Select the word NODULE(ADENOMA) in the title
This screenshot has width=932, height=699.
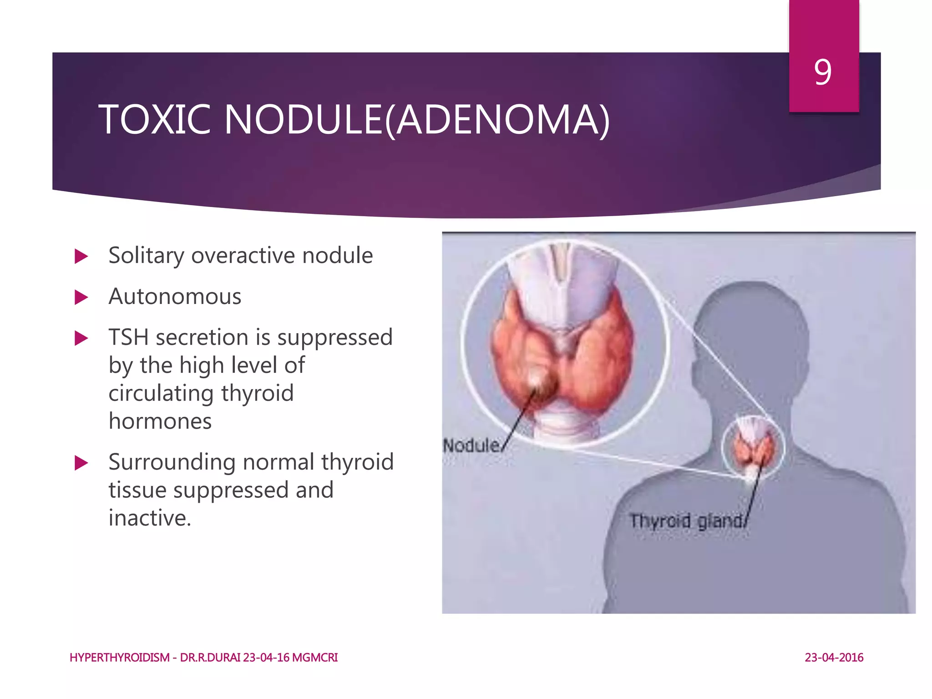point(416,120)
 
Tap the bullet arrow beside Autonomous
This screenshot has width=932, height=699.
point(81,298)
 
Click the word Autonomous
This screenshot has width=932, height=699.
point(175,297)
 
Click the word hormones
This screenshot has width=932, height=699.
point(160,421)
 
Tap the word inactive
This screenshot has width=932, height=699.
point(150,518)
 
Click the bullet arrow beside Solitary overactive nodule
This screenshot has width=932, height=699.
point(81,256)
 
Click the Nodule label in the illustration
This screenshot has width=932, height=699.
point(471,445)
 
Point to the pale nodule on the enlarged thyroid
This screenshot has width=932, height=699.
point(539,379)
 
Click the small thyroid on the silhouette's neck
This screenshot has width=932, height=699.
point(753,444)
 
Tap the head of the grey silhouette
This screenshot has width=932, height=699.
point(751,328)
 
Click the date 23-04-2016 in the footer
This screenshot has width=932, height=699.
point(834,658)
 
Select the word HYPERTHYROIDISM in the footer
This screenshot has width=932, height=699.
point(119,658)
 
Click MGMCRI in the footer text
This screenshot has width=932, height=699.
point(314,658)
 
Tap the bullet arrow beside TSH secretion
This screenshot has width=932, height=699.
point(81,338)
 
